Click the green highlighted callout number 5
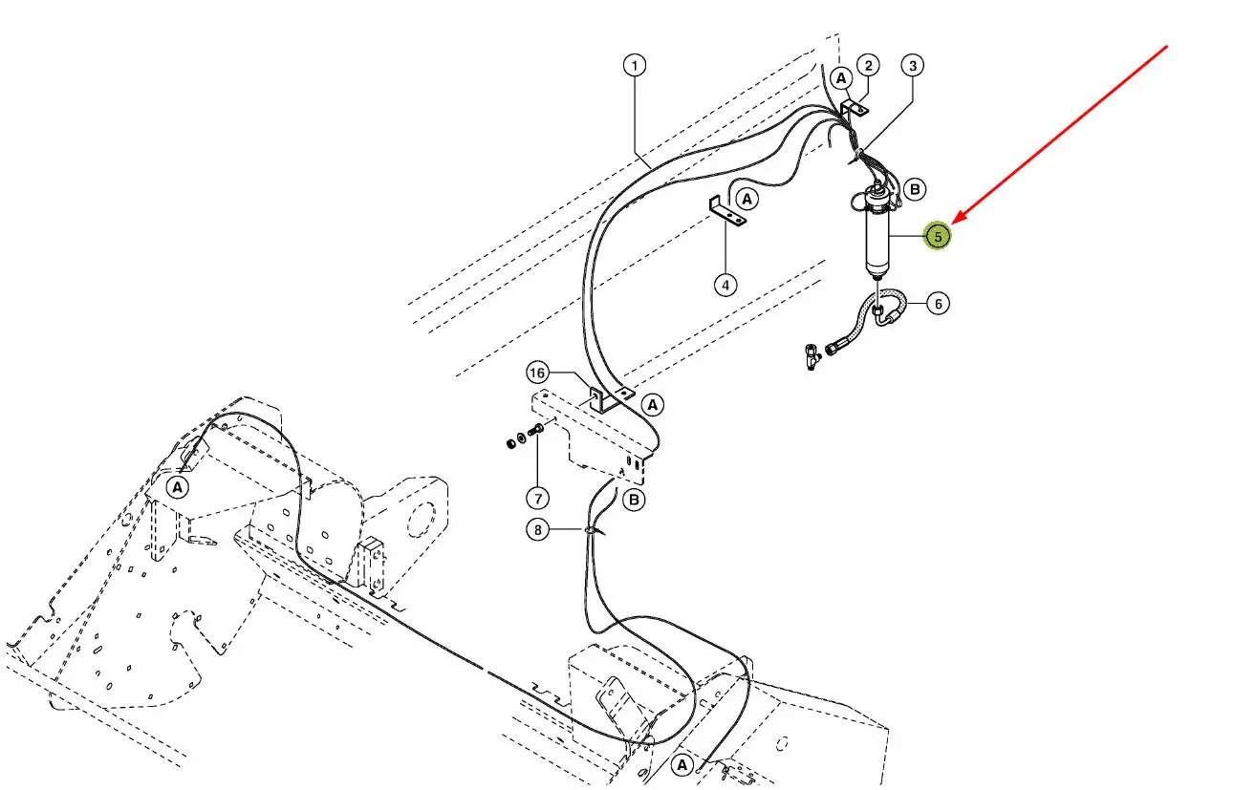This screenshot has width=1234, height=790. click(x=938, y=236)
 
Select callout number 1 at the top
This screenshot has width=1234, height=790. click(x=635, y=66)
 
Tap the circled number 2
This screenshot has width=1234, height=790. click(x=868, y=66)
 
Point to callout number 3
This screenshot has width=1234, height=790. click(x=913, y=66)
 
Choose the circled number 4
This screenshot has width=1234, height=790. click(x=725, y=284)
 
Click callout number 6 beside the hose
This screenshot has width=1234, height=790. click(x=938, y=304)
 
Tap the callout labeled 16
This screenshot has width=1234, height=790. click(x=537, y=372)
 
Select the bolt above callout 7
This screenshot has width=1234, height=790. click(x=534, y=435)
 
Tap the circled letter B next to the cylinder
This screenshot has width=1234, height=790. click(x=915, y=190)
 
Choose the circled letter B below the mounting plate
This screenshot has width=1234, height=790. click(x=634, y=499)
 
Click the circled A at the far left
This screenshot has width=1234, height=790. click(x=177, y=487)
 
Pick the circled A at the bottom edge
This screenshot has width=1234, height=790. click(x=682, y=765)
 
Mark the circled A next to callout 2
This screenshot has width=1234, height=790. click(x=840, y=76)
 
